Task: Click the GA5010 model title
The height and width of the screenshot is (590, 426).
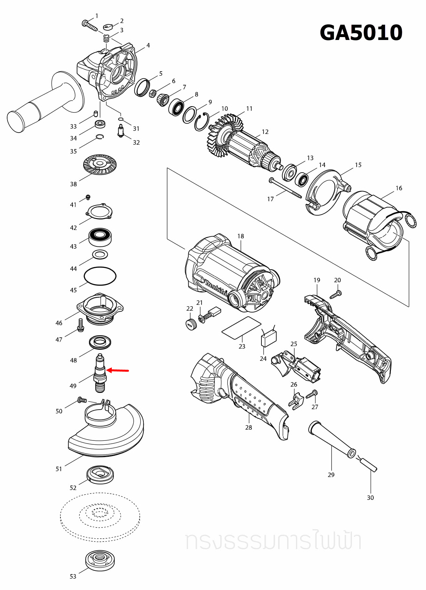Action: pyautogui.click(x=361, y=33)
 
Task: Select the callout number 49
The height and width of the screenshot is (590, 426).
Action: pyautogui.click(x=73, y=386)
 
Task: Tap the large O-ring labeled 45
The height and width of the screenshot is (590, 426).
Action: pyautogui.click(x=100, y=276)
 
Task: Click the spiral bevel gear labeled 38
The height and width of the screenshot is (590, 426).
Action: pyautogui.click(x=100, y=164)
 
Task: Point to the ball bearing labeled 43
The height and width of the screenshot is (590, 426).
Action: pyautogui.click(x=100, y=237)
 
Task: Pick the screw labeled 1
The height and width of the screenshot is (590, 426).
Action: pyautogui.click(x=89, y=25)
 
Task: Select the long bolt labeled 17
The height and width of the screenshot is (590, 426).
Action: pyautogui.click(x=285, y=188)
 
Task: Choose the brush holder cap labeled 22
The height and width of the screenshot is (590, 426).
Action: pyautogui.click(x=191, y=324)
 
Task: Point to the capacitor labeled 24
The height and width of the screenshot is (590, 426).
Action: pyautogui.click(x=269, y=338)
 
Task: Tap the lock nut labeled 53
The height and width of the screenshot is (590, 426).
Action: pyautogui.click(x=100, y=560)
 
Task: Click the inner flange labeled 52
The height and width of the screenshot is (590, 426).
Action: pyautogui.click(x=100, y=475)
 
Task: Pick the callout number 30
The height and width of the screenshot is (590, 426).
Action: pyautogui.click(x=370, y=498)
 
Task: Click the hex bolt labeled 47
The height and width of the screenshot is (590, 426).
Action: pyautogui.click(x=81, y=325)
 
